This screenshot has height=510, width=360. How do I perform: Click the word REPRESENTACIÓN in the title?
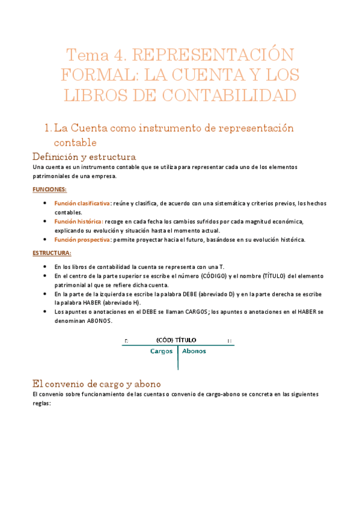212,56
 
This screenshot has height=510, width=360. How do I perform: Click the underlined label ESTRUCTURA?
52,253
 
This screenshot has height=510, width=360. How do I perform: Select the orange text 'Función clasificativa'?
82,204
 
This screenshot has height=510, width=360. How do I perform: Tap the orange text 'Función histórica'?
78,221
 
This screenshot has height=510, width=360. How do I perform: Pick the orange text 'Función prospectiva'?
82,239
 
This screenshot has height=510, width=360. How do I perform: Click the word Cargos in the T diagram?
162,351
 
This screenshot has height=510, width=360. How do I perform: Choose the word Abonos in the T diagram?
194,351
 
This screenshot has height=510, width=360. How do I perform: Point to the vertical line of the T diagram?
178,358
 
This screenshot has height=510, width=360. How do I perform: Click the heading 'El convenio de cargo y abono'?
96,383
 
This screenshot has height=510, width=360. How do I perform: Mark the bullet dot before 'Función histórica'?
46,221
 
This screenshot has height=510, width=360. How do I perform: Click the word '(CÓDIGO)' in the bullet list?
221,275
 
